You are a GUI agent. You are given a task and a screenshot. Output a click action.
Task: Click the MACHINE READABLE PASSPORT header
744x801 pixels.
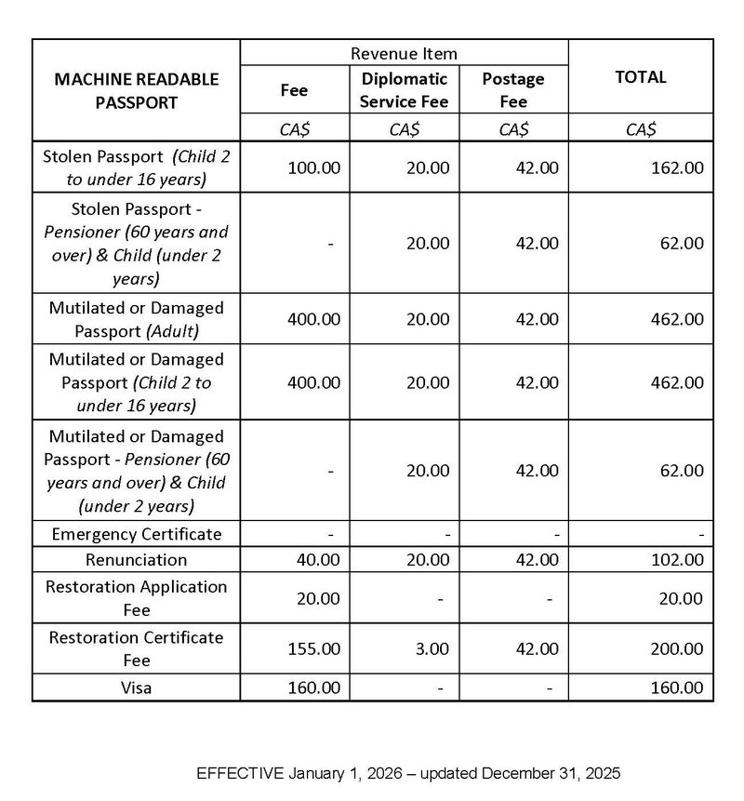point(137,90)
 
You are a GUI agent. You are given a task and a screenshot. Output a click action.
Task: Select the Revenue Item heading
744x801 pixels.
point(404,54)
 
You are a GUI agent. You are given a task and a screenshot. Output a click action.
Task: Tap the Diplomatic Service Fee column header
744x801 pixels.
point(404,90)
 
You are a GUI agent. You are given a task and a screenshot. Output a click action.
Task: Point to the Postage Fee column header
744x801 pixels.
point(513,90)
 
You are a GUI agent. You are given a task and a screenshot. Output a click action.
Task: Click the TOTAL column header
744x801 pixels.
point(641,78)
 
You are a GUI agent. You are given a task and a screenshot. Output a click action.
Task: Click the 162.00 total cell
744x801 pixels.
point(677,167)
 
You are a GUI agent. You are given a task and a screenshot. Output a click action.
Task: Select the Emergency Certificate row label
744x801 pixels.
point(137,534)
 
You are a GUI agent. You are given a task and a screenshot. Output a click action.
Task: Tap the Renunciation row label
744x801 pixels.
point(137,560)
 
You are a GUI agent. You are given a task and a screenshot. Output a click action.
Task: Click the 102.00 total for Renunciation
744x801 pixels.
point(677,560)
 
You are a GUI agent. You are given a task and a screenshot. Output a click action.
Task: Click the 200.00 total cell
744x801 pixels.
point(677,649)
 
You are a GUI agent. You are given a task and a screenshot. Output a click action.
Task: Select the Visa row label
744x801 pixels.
point(137,688)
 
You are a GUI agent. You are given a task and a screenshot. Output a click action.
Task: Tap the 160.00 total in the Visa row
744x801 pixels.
point(677,688)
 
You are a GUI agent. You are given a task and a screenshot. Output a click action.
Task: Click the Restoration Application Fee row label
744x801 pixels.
point(137,598)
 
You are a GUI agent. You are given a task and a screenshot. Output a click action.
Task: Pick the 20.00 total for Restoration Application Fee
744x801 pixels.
point(682,598)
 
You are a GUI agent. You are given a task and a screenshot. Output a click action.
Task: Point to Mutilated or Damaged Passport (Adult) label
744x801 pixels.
point(137,319)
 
